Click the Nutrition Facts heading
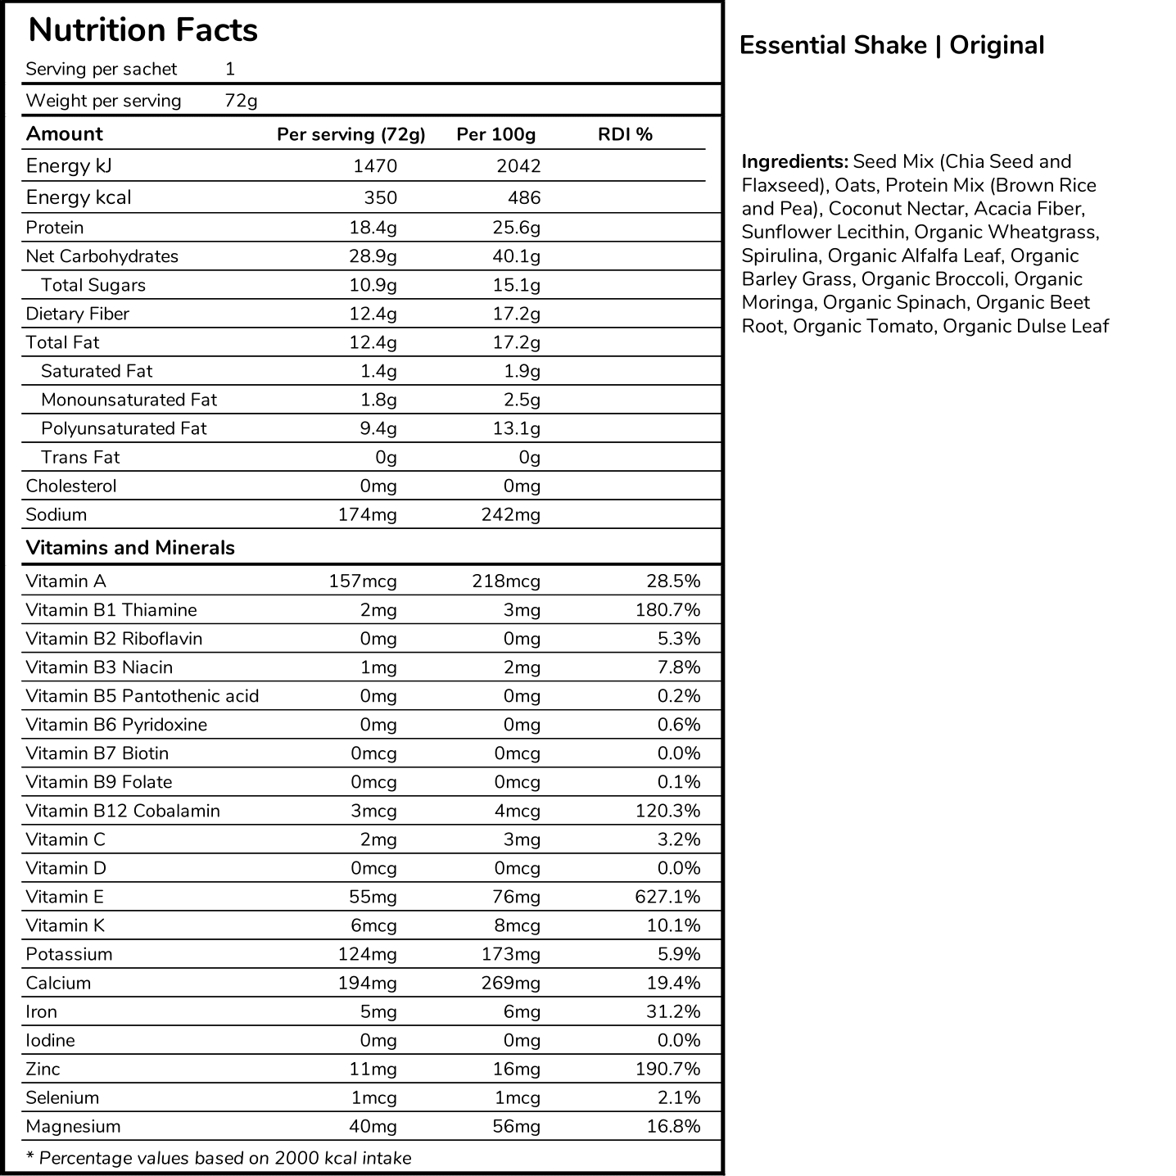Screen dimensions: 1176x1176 [x=142, y=30]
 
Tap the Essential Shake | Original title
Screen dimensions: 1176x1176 [x=891, y=45]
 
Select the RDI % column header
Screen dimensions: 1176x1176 [x=625, y=134]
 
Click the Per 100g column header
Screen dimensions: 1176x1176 [x=495, y=134]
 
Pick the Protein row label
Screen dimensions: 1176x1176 [x=55, y=228]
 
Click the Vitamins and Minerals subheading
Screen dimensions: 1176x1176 [x=130, y=548]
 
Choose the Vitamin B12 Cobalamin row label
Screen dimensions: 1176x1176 [x=123, y=811]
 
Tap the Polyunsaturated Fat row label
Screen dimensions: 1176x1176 [x=124, y=428]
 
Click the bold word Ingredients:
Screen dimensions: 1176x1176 [x=794, y=161]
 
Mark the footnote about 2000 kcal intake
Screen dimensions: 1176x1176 [x=219, y=1158]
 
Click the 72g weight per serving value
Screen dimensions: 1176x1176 [x=241, y=101]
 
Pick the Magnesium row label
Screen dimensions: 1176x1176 [x=73, y=1126]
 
